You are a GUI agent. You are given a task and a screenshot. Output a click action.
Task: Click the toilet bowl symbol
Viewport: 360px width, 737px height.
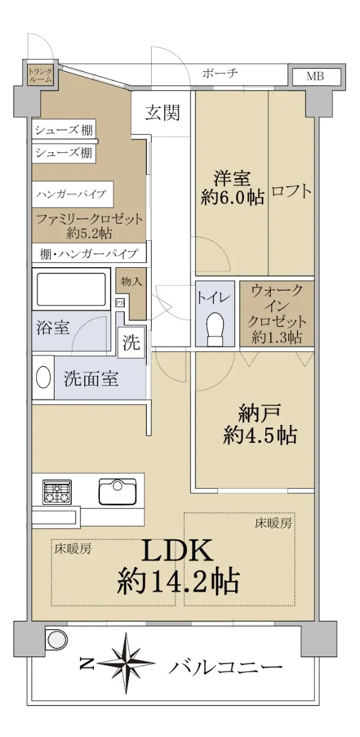click(x=215, y=329)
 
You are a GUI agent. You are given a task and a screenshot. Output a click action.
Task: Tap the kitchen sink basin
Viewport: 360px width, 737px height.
click(x=117, y=491)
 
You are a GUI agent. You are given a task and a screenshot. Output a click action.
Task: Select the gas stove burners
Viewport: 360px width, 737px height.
click(x=57, y=491)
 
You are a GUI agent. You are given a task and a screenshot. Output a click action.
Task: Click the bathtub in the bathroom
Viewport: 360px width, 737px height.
click(x=71, y=289)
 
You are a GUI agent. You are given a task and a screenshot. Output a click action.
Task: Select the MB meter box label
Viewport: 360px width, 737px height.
click(x=315, y=76)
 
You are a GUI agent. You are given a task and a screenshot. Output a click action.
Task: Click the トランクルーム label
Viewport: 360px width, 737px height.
click(x=40, y=75)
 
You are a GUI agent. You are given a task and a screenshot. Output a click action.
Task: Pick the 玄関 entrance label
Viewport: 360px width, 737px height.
click(x=163, y=112)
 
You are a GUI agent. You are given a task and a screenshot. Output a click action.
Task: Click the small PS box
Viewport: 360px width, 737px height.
click(x=120, y=303)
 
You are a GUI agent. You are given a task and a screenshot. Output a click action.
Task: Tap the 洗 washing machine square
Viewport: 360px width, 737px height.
click(x=131, y=343)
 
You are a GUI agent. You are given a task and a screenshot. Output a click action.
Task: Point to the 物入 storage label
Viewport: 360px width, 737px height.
click(x=131, y=281)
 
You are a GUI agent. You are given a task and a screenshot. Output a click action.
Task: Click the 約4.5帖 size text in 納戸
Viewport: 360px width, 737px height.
click(x=260, y=435)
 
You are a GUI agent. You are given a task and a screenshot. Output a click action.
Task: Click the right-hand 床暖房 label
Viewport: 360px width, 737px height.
click(x=273, y=523)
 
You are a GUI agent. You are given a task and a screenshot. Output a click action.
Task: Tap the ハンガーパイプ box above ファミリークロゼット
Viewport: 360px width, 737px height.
click(x=72, y=193)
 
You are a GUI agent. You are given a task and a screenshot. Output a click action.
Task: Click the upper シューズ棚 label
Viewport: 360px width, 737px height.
click(x=63, y=130)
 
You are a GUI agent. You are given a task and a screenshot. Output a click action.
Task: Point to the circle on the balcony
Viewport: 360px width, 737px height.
click(x=57, y=639)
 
